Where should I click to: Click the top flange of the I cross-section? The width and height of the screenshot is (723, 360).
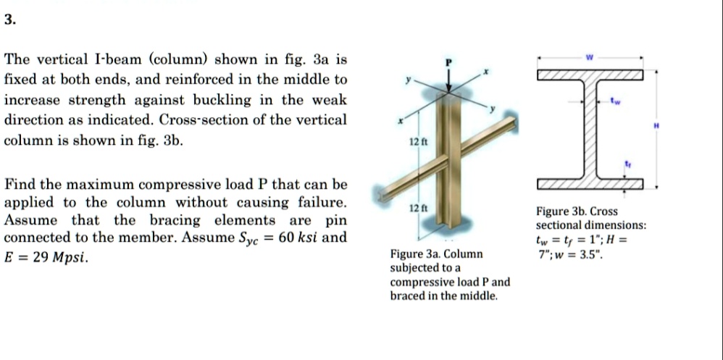click(590, 75)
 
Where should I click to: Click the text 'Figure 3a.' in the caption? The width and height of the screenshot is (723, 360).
click(415, 255)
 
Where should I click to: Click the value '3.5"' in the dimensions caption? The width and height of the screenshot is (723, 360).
click(588, 255)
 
